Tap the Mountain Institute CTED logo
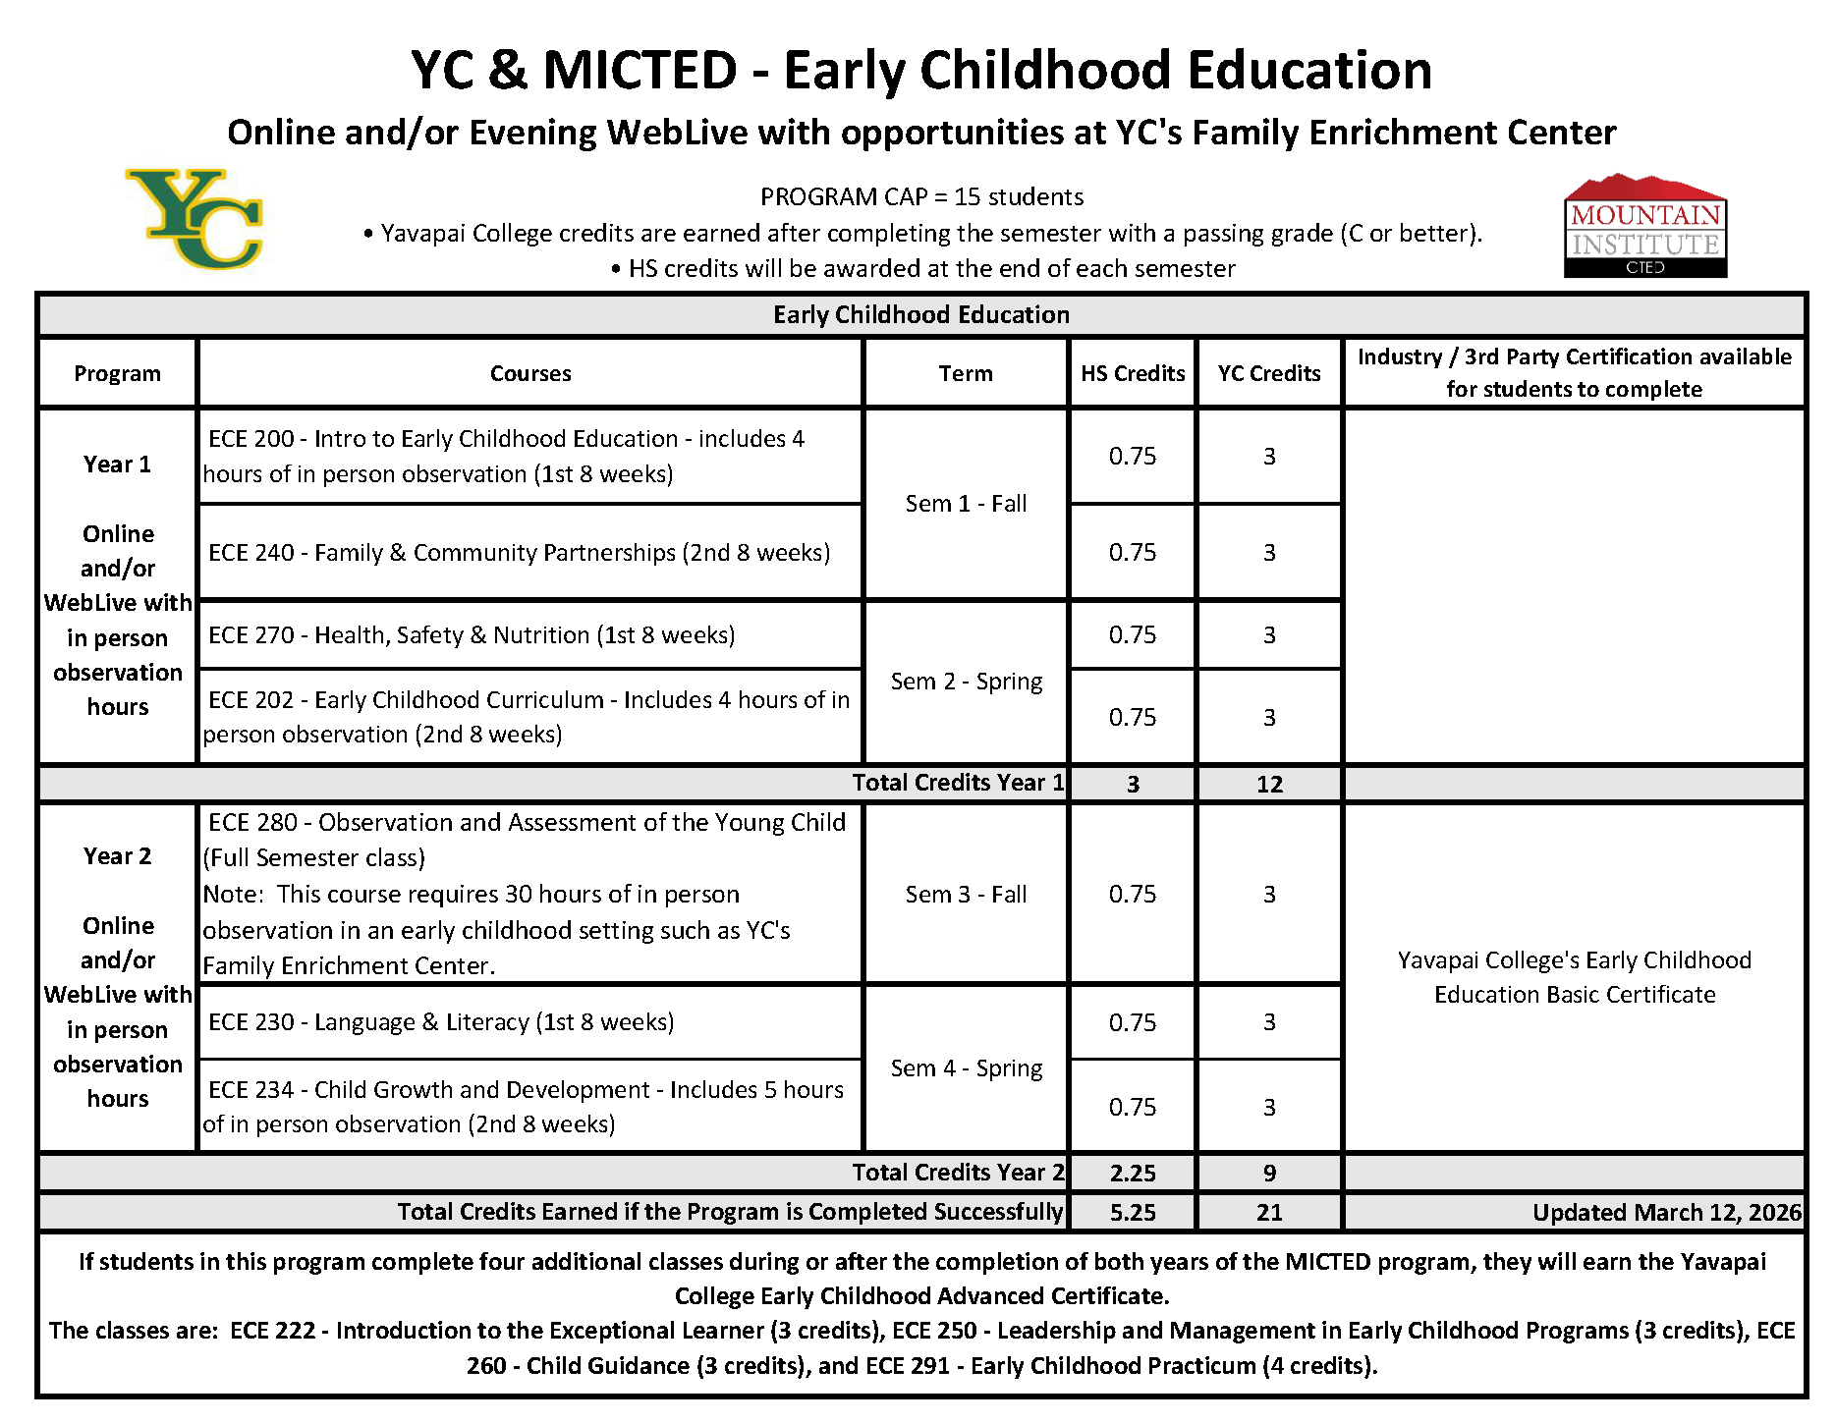point(1644,227)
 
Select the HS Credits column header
point(1133,373)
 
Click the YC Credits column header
point(1269,373)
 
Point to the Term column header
point(966,373)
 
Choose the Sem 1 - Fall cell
point(966,504)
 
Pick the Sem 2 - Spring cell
point(966,682)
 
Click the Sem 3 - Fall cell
point(966,895)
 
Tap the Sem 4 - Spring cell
point(966,1068)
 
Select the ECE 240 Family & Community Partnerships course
point(519,553)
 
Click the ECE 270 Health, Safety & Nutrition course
point(472,635)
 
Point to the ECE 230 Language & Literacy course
point(441,1022)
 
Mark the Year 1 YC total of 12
point(1269,784)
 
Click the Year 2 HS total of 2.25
point(1133,1173)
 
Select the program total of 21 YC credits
point(1269,1212)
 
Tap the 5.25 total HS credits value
point(1133,1212)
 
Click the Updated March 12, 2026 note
point(1666,1212)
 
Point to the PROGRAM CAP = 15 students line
point(921,197)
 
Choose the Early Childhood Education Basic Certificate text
point(1574,977)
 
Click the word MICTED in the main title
point(640,71)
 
